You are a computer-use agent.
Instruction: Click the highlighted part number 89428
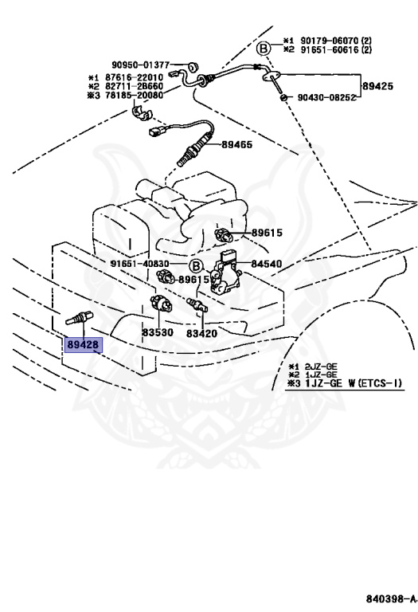click(83, 345)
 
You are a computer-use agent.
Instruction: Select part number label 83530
click(157, 332)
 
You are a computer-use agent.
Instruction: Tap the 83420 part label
click(201, 333)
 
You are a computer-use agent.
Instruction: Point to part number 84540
click(266, 264)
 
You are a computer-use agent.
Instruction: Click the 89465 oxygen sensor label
click(237, 144)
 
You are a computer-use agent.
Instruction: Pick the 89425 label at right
click(378, 86)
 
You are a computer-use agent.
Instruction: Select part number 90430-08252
click(326, 97)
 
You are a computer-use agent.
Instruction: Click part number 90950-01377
click(141, 65)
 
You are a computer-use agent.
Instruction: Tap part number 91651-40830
click(140, 264)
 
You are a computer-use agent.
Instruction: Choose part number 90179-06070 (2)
click(336, 40)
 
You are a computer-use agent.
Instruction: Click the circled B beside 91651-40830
click(196, 267)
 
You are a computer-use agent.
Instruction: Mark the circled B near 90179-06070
click(264, 49)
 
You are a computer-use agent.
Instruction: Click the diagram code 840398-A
click(391, 598)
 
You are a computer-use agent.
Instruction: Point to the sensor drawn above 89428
click(79, 317)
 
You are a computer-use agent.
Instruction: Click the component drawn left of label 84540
click(226, 273)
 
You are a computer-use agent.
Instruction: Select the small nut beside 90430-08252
click(284, 97)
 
